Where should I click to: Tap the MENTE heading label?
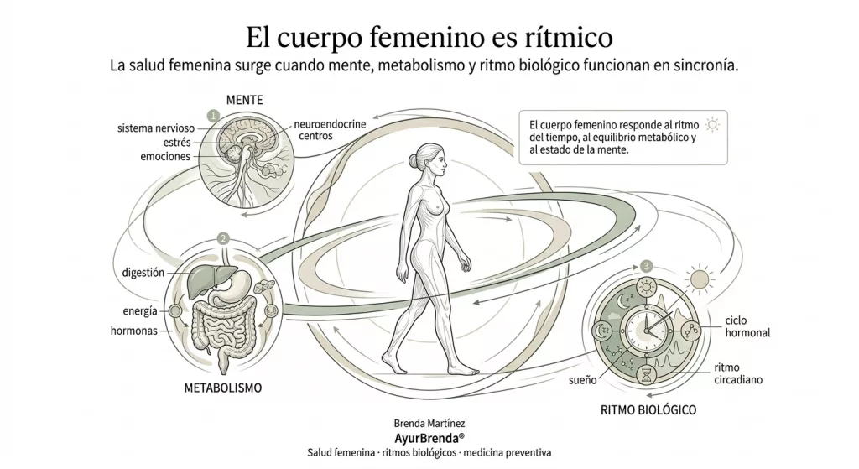(x=245, y=100)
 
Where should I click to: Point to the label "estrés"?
(x=175, y=143)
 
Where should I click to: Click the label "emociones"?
(x=165, y=157)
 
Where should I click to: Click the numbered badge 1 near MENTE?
(x=213, y=115)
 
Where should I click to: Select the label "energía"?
(x=140, y=312)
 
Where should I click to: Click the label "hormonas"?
(x=134, y=331)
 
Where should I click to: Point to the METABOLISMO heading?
(x=222, y=388)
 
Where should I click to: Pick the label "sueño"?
(x=582, y=380)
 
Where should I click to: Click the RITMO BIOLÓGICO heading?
(x=648, y=411)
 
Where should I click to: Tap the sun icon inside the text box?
(x=713, y=125)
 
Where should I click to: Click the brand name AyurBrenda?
(x=429, y=438)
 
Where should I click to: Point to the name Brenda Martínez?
(x=429, y=424)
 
